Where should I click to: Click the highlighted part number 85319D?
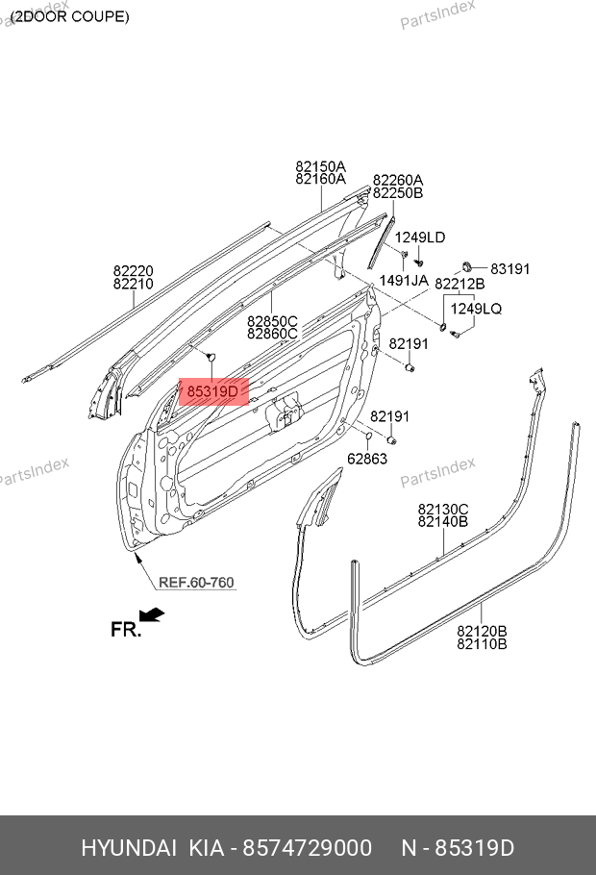(x=211, y=391)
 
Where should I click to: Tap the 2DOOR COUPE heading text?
(x=69, y=16)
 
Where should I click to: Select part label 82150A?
(x=320, y=166)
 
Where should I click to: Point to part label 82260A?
(x=398, y=180)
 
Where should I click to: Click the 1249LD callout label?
(x=420, y=237)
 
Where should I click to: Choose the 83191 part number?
(x=510, y=269)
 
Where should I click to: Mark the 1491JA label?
(x=404, y=281)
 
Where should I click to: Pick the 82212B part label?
(x=459, y=285)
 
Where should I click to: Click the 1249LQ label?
(x=477, y=309)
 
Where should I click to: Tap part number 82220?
(x=133, y=271)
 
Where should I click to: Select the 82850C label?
(x=272, y=321)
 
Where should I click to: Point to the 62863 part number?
(x=367, y=460)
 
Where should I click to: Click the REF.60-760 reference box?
(x=196, y=583)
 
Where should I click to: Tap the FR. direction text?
(x=126, y=630)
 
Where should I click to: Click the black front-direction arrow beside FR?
(x=151, y=613)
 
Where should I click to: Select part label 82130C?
(x=442, y=509)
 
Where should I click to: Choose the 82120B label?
(x=482, y=631)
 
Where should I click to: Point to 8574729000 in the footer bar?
(x=306, y=848)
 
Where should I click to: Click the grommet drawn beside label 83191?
(x=465, y=265)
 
